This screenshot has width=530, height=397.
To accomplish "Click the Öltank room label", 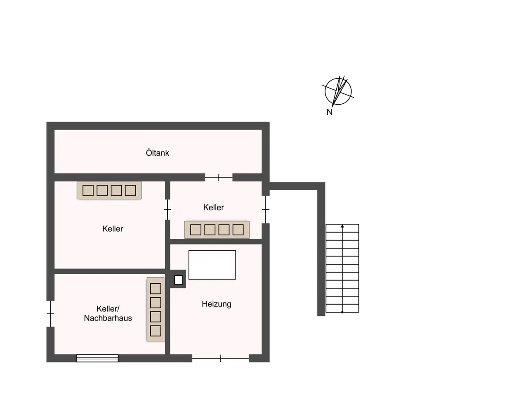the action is tap(157, 153).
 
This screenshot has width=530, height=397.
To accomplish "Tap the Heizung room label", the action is tap(216, 304).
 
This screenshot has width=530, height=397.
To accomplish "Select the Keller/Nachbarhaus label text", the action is tap(108, 313).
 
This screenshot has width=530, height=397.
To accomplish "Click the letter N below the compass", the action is tap(329, 112).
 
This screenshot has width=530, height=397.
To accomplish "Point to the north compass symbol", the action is tap(338, 91).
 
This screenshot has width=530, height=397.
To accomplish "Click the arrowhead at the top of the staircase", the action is tap(342, 226).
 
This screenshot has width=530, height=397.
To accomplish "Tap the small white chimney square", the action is tap(178, 280).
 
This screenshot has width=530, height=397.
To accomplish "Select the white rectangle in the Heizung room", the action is tap(212, 265).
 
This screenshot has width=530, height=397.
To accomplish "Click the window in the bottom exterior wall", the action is tap(97, 358).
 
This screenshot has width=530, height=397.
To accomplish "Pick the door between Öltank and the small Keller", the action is tap(219, 177).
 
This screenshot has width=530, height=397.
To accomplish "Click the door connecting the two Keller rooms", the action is tap(167, 210).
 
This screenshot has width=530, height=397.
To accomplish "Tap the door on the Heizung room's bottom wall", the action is tap(220, 358).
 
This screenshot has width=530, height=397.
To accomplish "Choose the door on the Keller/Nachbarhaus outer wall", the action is tap(50, 313).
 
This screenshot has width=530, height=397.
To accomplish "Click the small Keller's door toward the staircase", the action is tap(265, 210).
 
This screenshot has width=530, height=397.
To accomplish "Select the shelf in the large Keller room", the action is tap(109, 190).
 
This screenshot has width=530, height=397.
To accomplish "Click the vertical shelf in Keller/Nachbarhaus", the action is tap(156, 309).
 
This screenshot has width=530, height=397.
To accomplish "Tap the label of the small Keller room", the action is tap(213, 207).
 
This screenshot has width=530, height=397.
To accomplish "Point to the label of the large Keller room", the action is tap(113, 229).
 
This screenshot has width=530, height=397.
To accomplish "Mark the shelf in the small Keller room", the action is tap(217, 230).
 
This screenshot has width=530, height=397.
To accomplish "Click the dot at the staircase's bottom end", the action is tap(342, 312).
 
